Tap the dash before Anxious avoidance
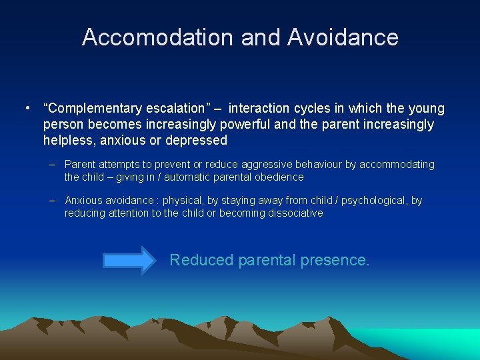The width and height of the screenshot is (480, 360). click(51, 201)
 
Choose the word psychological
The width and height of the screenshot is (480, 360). click(369, 201)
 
